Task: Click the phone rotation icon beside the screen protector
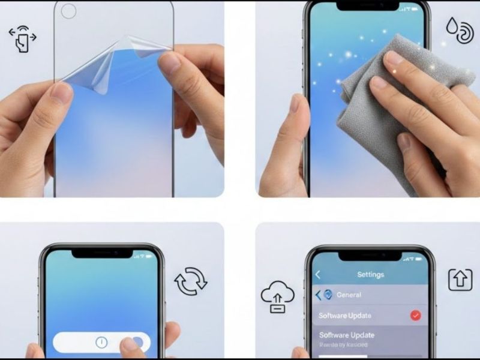pyautogui.click(x=23, y=38)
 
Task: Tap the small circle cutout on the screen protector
pyautogui.click(x=69, y=11)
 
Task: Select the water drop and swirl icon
pyautogui.click(x=459, y=30)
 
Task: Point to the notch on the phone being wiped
pyautogui.click(x=367, y=5)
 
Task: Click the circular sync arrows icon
pyautogui.click(x=191, y=280)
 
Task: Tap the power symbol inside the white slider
pyautogui.click(x=101, y=342)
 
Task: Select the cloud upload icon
pyautogui.click(x=277, y=298)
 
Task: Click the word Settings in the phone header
pyautogui.click(x=370, y=275)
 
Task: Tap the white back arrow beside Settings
pyautogui.click(x=318, y=275)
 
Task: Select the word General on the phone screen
pyautogui.click(x=349, y=295)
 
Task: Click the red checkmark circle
pyautogui.click(x=415, y=316)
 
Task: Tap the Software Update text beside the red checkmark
pyautogui.click(x=345, y=316)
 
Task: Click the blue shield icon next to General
pyautogui.click(x=328, y=295)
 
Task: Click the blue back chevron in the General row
pyautogui.click(x=319, y=295)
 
